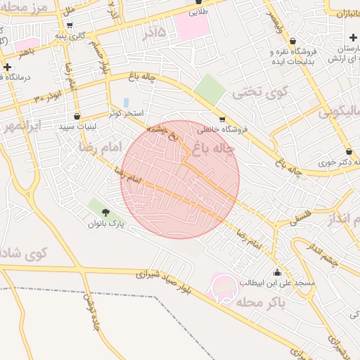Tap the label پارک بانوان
point(105,224)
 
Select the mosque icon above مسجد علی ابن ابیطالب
point(276,272)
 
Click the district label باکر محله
point(259,303)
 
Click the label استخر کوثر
point(127,113)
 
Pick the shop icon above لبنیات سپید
point(77,116)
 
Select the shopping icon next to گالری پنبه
point(70,25)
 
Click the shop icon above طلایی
point(197,2)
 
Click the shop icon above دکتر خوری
point(349,151)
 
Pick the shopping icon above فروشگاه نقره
point(292,41)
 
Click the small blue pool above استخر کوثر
point(126,103)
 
